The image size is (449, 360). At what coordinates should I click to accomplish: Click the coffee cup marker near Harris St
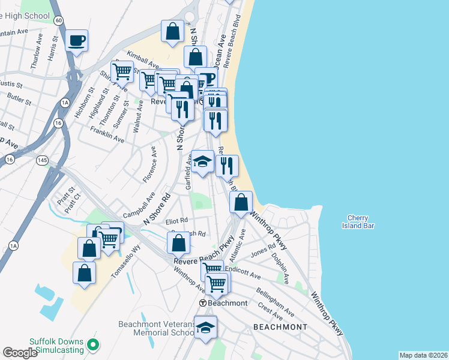coord(76,41)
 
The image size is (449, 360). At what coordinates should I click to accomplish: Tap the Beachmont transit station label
coord(224,303)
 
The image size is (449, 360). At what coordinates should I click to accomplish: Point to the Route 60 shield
coord(58,20)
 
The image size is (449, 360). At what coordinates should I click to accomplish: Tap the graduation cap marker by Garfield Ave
coord(203,161)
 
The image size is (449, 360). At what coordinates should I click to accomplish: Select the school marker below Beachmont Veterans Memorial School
coord(205,328)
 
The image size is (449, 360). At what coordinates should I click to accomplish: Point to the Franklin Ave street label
coord(107,133)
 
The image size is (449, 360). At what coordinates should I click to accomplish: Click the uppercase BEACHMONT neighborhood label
coord(280,327)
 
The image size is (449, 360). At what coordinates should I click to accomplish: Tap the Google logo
coord(20,352)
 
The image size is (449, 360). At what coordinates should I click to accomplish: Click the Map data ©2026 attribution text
coord(423,355)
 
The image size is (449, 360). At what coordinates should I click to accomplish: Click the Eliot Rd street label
coord(176,221)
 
